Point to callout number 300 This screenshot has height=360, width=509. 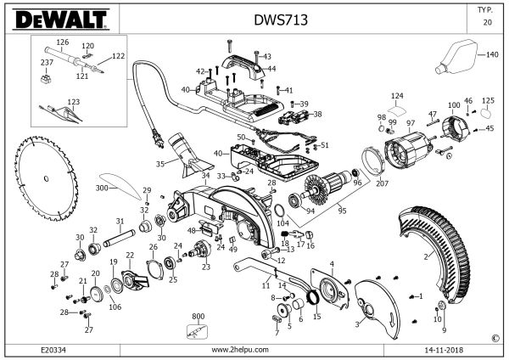click(103, 187)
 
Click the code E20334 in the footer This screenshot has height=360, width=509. click(53, 349)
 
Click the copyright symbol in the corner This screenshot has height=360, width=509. click(495, 337)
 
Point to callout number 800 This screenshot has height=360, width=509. click(199, 315)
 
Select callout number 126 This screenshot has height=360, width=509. click(62, 42)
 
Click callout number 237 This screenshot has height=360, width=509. click(47, 62)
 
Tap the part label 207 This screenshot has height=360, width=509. click(382, 183)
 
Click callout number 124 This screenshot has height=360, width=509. click(397, 95)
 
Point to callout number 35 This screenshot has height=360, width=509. click(159, 164)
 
